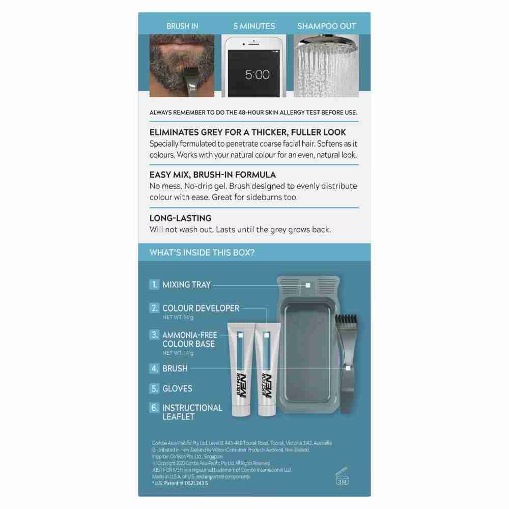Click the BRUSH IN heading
tap(182, 26)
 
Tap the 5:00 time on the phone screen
tap(257, 75)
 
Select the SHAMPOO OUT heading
tap(327, 26)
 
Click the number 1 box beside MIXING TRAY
tap(154, 285)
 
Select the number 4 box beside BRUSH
tap(154, 368)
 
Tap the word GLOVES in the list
tap(177, 388)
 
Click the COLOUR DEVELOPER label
tap(201, 308)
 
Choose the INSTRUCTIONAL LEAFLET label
tap(192, 412)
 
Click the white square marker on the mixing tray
tap(307, 285)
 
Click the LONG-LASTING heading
tap(180, 218)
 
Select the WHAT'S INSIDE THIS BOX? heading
tap(202, 252)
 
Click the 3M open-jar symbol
tap(342, 478)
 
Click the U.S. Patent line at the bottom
tap(180, 483)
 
